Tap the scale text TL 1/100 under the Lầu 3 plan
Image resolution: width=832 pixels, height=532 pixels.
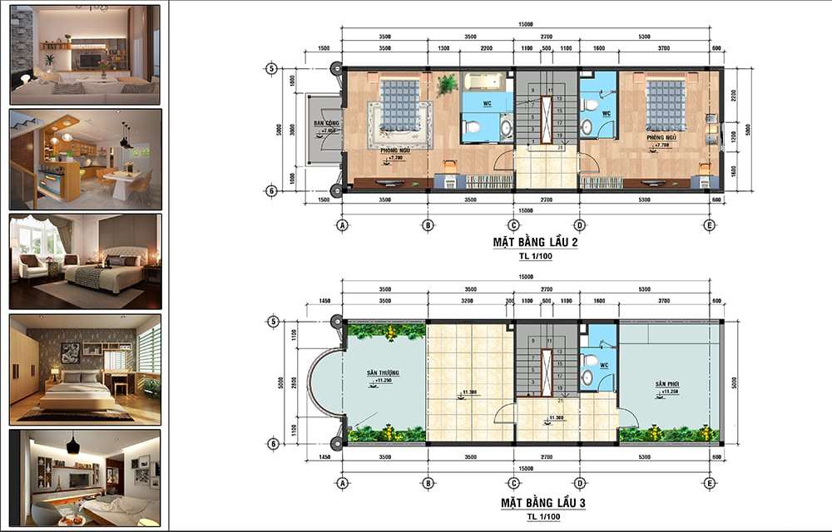[542, 517]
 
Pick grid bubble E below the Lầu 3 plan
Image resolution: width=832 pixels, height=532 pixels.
[709, 483]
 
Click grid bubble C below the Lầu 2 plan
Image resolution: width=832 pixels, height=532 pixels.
[514, 224]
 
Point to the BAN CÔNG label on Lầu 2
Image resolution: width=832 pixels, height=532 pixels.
[324, 125]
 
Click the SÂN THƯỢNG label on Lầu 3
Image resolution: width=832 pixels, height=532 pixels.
[383, 375]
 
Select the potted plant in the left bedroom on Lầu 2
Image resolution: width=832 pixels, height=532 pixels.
[448, 83]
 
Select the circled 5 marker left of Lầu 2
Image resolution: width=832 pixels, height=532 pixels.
[270, 68]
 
